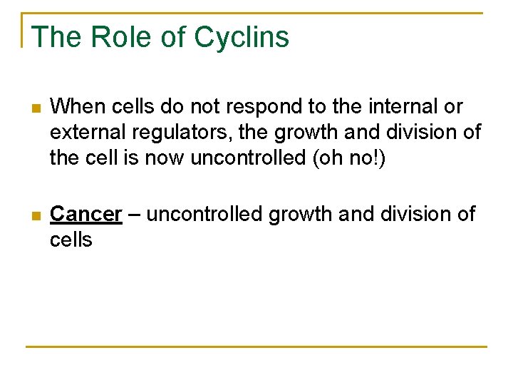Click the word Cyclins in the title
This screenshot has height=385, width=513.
[x=242, y=37]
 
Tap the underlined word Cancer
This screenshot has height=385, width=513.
[x=86, y=214]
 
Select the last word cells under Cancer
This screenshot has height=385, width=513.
[x=71, y=239]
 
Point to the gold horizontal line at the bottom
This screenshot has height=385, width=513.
[x=256, y=347]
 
